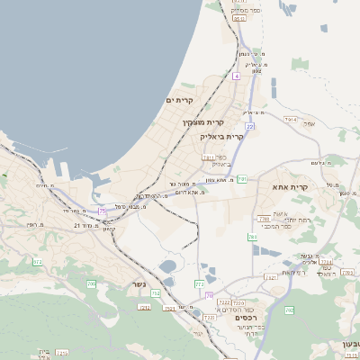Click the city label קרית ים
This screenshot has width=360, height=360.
pos(181,101)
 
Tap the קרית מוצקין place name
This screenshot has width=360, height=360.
pos(203,121)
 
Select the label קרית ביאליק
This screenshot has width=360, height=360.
pos(223,137)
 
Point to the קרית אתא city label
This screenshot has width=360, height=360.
pos(291,187)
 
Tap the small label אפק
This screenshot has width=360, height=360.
pos(309,123)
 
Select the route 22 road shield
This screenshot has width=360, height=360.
pos(249,127)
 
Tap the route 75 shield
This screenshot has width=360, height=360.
pos(103,211)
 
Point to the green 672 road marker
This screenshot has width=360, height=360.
pos(38,262)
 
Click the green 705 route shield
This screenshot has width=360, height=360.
pos(92,284)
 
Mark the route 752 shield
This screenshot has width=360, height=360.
pos(156,293)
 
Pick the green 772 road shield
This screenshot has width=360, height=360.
pos(199,284)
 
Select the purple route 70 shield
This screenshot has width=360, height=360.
pos(209,295)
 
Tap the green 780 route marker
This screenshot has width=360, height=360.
pos(289,310)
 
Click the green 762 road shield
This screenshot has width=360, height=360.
pos(253,237)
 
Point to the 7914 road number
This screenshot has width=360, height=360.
pos(290,119)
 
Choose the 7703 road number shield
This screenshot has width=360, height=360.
pos(264,219)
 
